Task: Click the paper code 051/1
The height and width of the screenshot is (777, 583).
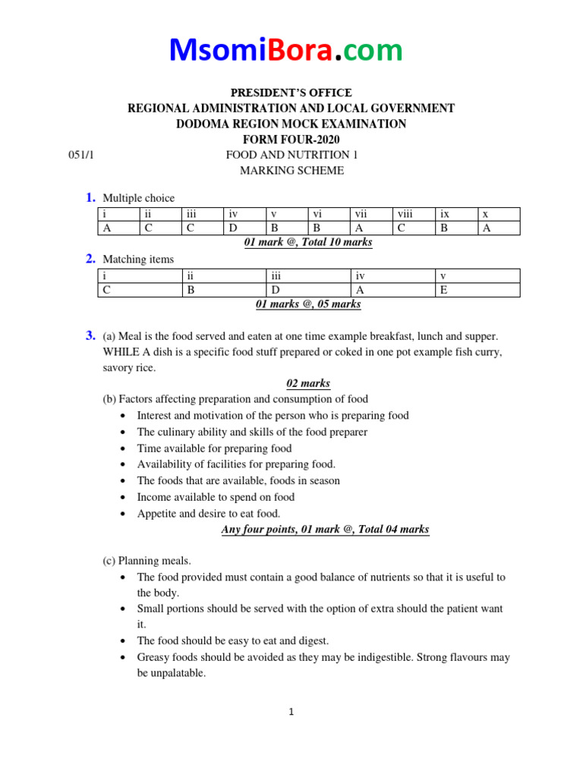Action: [x=80, y=154]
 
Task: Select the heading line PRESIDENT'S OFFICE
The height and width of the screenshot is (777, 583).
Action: [x=291, y=93]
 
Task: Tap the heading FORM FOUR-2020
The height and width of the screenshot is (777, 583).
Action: [x=291, y=139]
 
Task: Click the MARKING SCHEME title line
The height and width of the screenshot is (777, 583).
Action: [x=291, y=171]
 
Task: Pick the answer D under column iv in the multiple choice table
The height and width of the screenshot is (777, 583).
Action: [x=233, y=228]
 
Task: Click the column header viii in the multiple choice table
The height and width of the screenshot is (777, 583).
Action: [x=403, y=215]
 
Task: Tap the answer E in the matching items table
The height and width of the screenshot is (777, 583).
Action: [x=443, y=289]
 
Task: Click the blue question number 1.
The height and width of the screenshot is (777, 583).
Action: [x=90, y=198]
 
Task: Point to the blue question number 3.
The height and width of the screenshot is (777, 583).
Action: [x=90, y=335]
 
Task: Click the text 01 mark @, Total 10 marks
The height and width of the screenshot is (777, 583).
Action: [x=308, y=243]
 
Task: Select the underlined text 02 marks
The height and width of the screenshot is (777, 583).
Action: [x=307, y=383]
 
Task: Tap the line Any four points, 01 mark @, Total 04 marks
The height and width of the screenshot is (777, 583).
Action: [x=325, y=530]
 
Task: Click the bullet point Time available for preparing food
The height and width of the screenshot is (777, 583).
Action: [x=214, y=448]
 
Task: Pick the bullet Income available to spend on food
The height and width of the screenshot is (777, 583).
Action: [x=216, y=497]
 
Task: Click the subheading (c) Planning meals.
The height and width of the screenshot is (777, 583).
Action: [x=147, y=561]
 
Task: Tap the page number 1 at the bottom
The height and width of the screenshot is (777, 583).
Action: [x=291, y=712]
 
